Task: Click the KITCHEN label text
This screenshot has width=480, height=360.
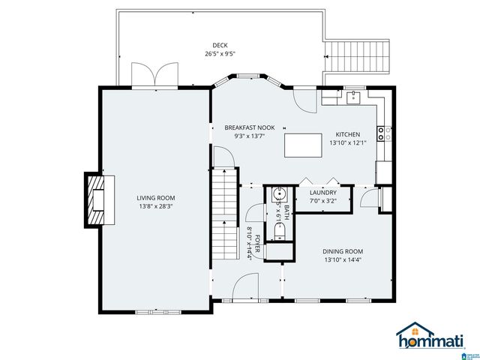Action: click(347, 133)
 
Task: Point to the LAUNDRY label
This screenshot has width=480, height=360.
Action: click(322, 192)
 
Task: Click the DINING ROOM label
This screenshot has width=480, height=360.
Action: click(342, 251)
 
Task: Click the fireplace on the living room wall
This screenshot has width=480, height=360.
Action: click(95, 199)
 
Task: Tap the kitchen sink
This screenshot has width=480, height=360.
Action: click(352, 97)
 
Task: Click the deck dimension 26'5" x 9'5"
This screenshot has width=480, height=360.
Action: click(220, 54)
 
